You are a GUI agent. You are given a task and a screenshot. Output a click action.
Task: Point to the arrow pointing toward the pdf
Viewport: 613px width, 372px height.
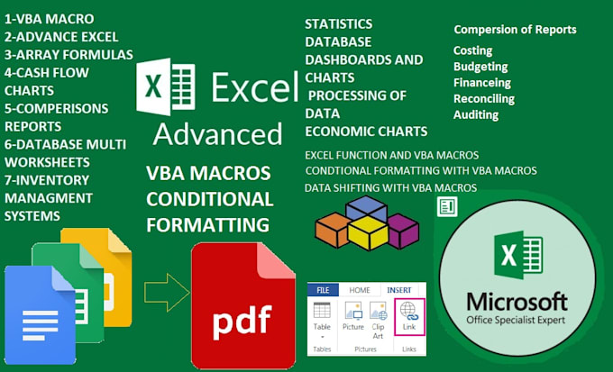(167, 291)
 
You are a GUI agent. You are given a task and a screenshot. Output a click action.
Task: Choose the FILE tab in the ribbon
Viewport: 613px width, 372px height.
(322, 289)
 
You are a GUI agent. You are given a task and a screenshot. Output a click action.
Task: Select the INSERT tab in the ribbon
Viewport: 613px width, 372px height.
(399, 289)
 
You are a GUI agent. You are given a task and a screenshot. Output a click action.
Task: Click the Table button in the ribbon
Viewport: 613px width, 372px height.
(322, 320)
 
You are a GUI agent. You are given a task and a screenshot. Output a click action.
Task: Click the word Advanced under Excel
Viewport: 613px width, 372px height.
(217, 134)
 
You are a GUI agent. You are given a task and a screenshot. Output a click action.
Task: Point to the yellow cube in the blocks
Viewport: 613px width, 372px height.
(367, 233)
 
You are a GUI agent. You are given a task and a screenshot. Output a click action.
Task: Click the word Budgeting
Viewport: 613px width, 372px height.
(480, 67)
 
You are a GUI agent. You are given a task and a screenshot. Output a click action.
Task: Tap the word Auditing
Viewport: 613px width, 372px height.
(476, 114)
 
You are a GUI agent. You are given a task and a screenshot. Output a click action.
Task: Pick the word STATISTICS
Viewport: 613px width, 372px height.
(338, 23)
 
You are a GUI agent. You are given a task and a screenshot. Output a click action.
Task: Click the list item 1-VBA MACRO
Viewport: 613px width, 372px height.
(50, 18)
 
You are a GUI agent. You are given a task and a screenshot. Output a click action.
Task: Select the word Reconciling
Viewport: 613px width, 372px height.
(484, 98)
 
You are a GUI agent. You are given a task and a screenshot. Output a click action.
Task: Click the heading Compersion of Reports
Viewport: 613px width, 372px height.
(515, 30)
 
